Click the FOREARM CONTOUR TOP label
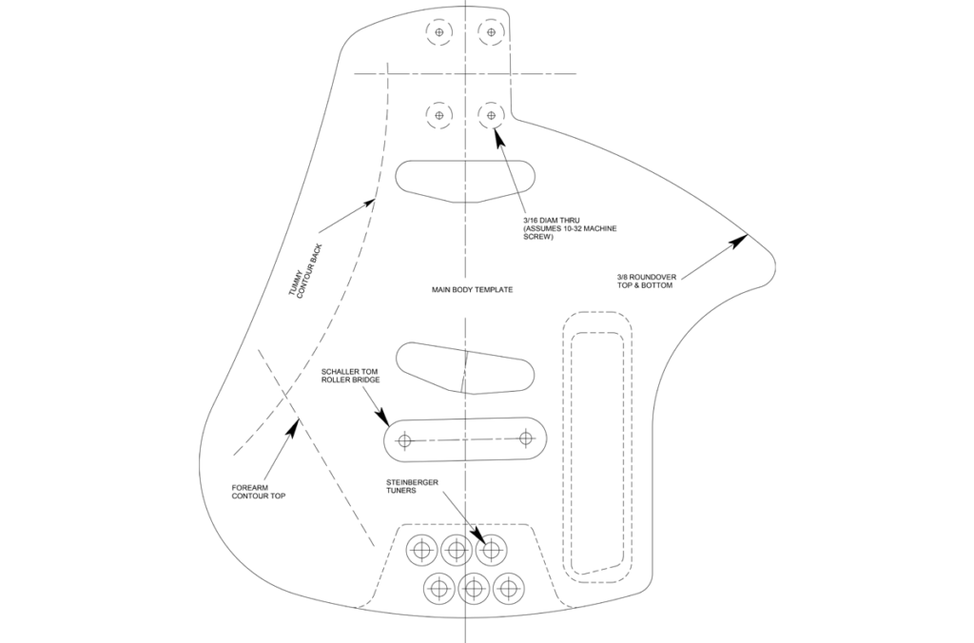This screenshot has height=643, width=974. (x=258, y=492)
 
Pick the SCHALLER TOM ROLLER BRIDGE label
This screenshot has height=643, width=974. (x=351, y=375)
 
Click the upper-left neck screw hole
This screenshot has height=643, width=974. (x=438, y=32)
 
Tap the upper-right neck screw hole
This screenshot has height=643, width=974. (x=491, y=32)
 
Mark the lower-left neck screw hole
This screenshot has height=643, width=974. (x=438, y=116)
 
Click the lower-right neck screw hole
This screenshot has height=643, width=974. (x=491, y=116)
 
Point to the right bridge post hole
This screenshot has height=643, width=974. (x=526, y=438)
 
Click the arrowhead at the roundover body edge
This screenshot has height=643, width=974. (x=739, y=239)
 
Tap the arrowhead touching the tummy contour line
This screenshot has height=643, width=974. (x=371, y=201)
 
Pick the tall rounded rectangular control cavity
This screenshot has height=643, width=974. (x=598, y=443)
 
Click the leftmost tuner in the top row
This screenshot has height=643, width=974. (x=421, y=549)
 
